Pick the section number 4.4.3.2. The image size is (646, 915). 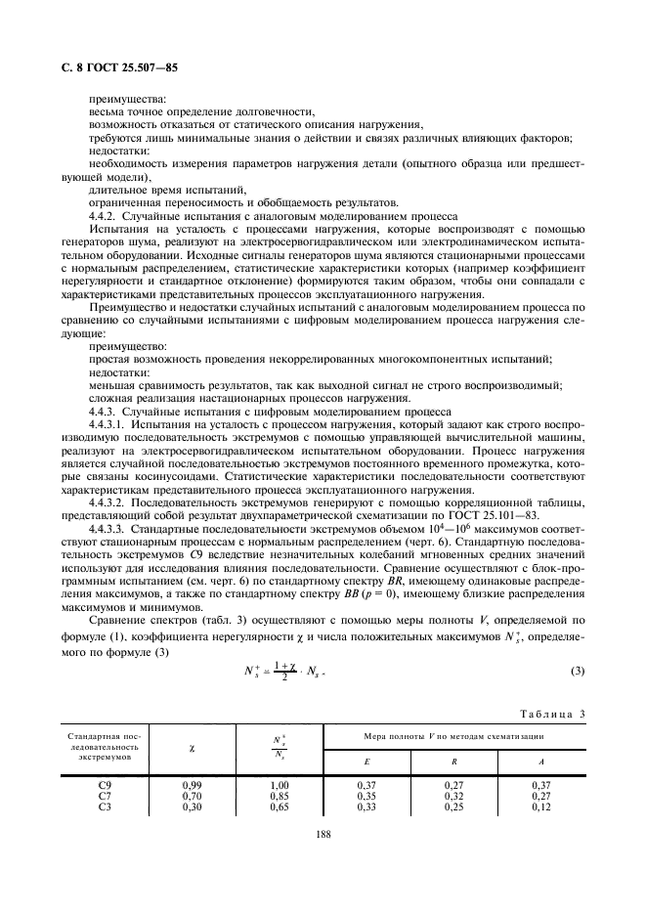click(x=109, y=501)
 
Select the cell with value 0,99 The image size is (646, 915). click(x=192, y=784)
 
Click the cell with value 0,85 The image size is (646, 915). click(x=280, y=796)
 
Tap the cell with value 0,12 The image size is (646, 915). click(x=541, y=807)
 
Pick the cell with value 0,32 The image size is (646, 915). click(x=454, y=796)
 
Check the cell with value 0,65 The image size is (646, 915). click(x=280, y=807)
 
